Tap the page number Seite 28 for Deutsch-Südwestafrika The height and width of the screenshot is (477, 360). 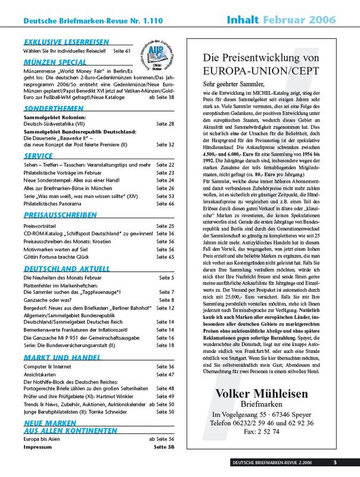point(163,123)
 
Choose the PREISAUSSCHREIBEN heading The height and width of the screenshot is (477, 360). point(60,215)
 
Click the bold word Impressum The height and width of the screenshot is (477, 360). point(40,446)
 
